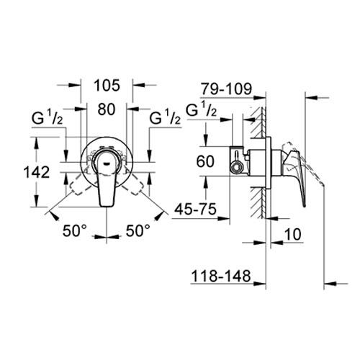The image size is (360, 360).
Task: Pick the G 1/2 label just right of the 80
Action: point(164,117)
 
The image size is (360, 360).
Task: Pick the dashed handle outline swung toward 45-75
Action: point(135,189)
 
